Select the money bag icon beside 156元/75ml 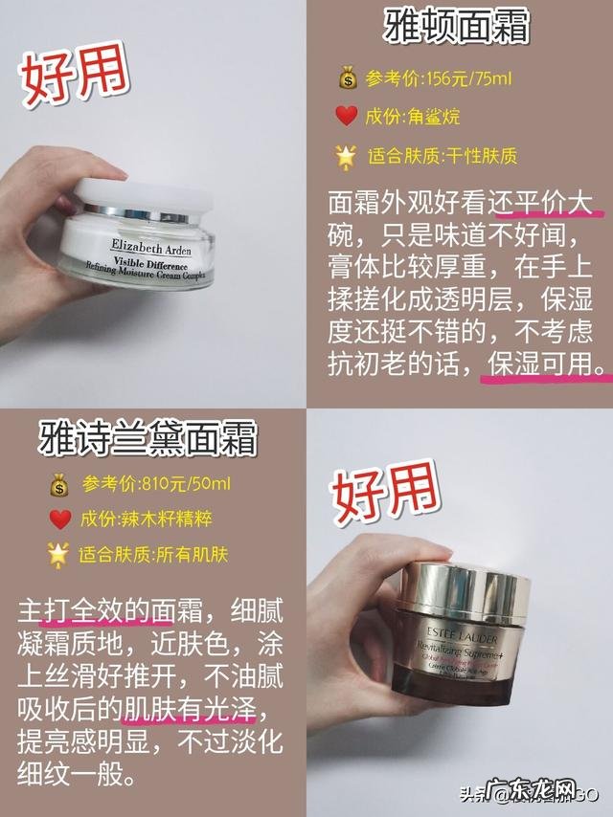(346, 77)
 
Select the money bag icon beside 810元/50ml (58, 484)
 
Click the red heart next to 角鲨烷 (346, 116)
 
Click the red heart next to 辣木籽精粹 (59, 519)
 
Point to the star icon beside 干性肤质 (346, 154)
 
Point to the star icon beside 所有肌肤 (58, 555)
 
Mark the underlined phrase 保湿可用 (546, 365)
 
